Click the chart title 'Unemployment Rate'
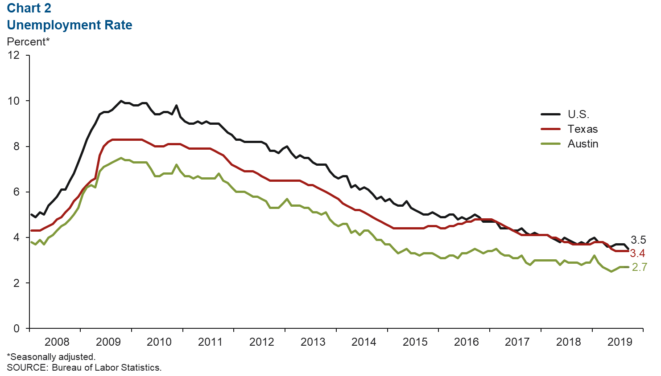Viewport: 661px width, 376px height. [70, 25]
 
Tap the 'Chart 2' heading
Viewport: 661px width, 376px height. [29, 8]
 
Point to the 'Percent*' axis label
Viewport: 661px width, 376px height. [28, 41]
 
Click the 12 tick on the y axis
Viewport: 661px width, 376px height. [14, 55]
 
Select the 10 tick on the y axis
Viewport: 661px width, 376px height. [14, 101]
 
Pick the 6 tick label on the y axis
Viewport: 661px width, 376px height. [17, 192]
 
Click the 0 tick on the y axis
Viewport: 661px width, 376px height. [17, 328]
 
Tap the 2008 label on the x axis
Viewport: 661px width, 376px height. [57, 342]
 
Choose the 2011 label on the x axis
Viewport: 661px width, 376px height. [210, 342]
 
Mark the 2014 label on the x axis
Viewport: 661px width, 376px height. [364, 342]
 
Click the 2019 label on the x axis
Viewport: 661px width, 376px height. [620, 342]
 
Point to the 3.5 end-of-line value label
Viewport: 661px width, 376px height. [638, 240]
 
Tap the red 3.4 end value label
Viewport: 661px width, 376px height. [637, 253]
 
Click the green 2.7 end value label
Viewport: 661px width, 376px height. [639, 267]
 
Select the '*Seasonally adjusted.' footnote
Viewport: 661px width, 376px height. [51, 357]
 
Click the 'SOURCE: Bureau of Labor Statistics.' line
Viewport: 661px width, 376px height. [84, 368]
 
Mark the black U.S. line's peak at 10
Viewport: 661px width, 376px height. [121, 101]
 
